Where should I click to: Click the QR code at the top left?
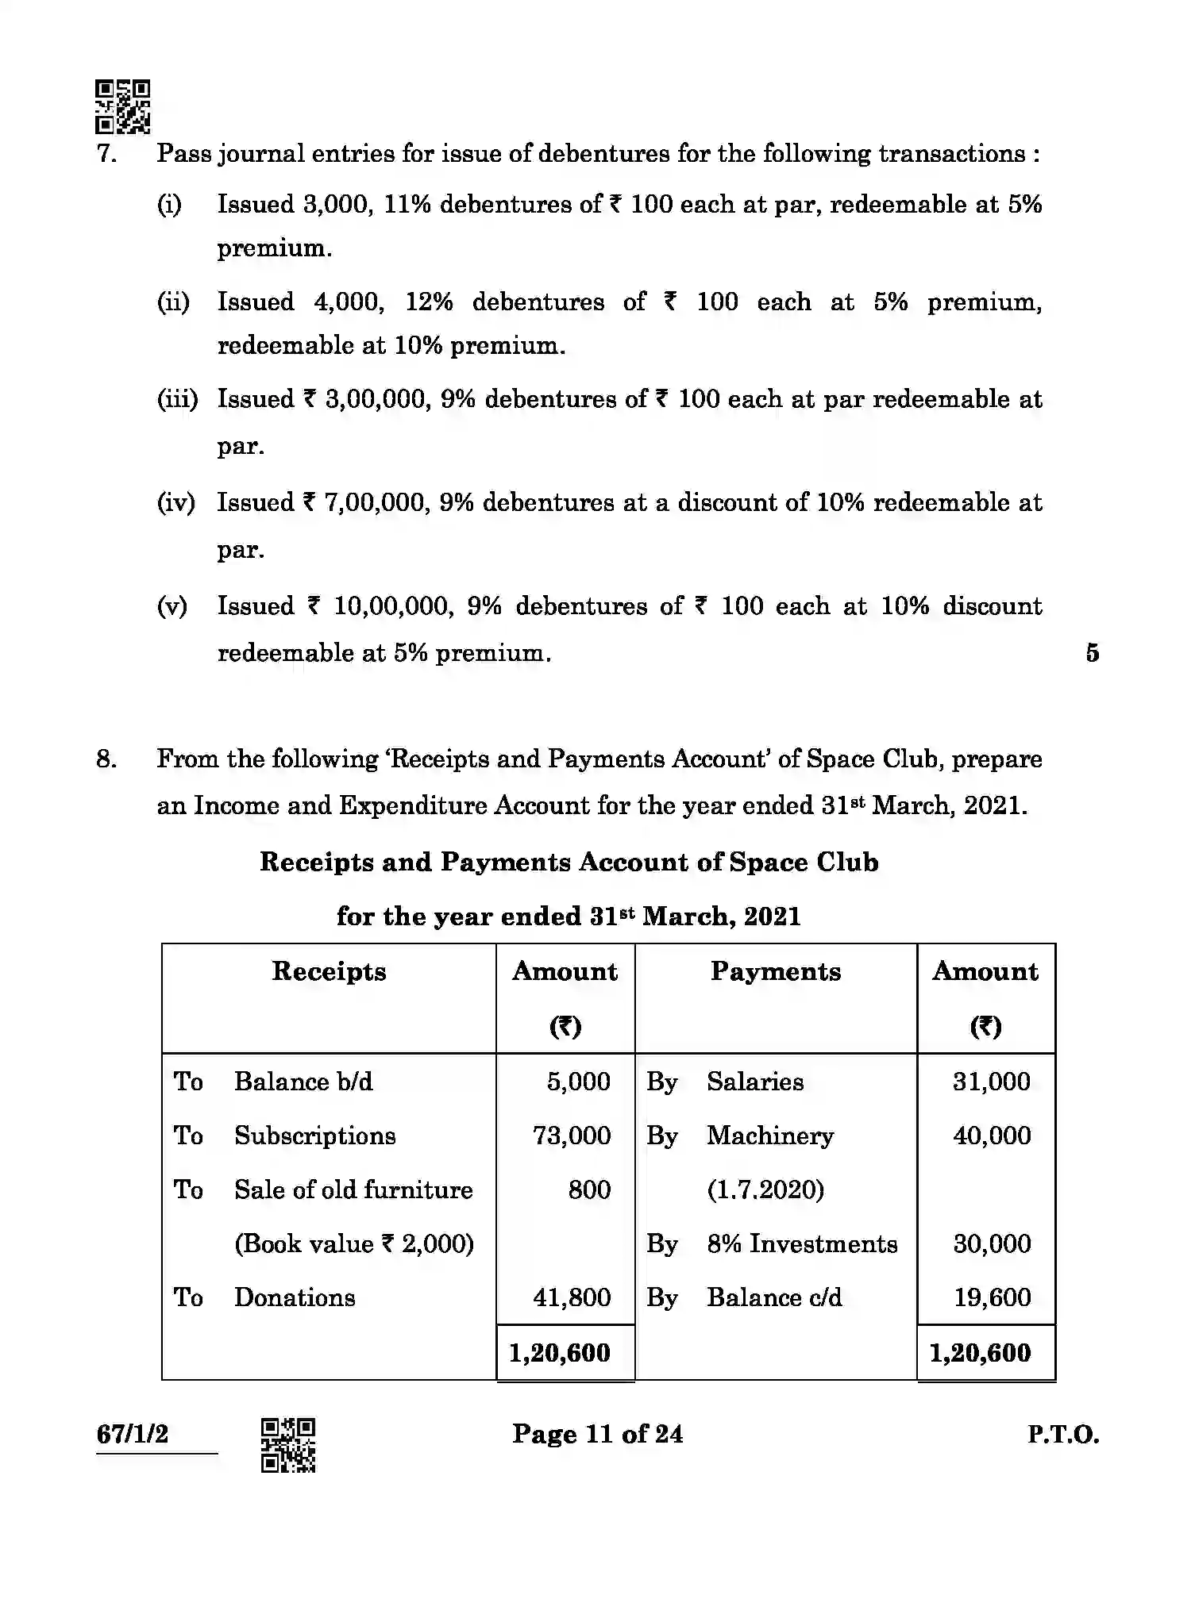pos(122,106)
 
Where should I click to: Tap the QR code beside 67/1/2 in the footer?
pos(288,1445)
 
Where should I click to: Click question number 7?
pos(106,153)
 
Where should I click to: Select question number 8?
pos(106,759)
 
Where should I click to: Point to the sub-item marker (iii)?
pos(176,399)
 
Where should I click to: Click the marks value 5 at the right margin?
pos(1093,653)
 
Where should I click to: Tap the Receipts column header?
pos(329,971)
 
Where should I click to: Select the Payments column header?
pos(775,971)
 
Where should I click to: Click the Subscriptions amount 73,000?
pos(572,1136)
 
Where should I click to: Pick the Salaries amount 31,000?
pos(991,1082)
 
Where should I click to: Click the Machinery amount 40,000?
pos(992,1136)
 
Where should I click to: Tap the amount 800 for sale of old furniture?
pos(589,1189)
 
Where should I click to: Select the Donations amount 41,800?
pos(572,1297)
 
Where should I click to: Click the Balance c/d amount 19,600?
pos(992,1297)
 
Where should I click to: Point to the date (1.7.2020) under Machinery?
pos(765,1189)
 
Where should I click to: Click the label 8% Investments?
pos(802,1243)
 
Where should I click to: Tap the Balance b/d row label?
pos(303,1082)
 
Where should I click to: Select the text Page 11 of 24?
pos(597,1434)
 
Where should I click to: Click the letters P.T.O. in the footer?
pos(1063,1435)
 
